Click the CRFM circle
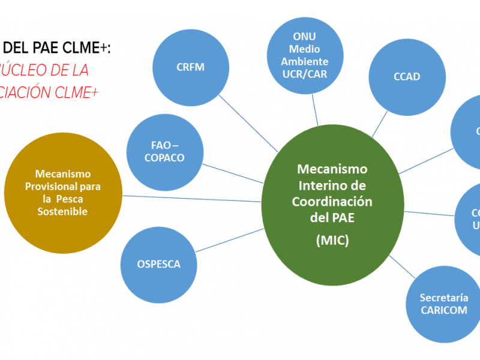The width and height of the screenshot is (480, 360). (190, 67)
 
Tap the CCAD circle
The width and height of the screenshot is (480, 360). (407, 77)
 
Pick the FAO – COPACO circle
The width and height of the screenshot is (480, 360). (164, 152)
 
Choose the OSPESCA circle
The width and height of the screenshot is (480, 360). (158, 264)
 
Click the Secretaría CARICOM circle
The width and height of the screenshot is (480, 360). (443, 304)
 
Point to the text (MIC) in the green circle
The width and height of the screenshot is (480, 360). (332, 241)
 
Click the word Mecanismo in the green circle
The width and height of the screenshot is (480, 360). (332, 169)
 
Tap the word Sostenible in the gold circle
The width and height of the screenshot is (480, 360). (62, 211)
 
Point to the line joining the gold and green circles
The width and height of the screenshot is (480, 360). (192, 198)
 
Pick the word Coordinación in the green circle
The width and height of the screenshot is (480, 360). (332, 202)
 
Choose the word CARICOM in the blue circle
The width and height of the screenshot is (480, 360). (443, 310)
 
